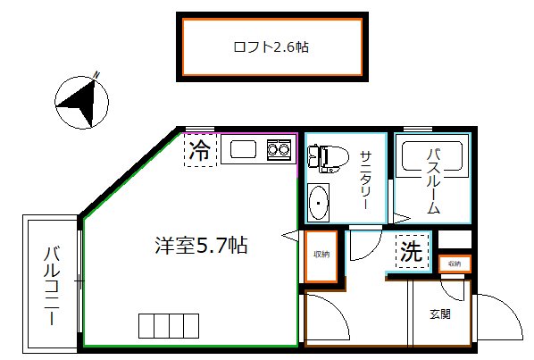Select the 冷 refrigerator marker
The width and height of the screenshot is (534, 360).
point(201,150)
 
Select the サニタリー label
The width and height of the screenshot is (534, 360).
point(365,180)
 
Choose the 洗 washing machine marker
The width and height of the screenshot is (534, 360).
point(411,252)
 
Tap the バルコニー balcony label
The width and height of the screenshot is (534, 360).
point(51,283)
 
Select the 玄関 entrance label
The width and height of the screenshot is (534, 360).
point(438,314)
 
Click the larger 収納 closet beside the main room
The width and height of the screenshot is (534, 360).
point(321,255)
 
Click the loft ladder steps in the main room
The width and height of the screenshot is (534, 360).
point(167,324)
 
